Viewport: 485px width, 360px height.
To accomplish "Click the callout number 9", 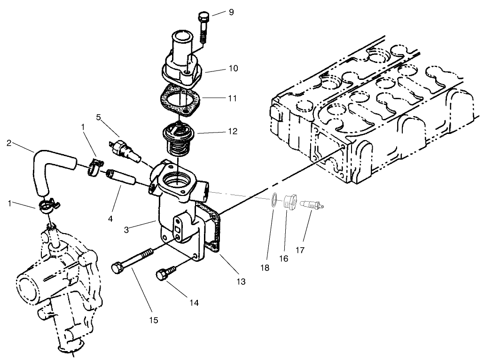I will point(231,12).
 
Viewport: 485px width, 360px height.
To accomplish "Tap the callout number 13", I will point(241,282).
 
